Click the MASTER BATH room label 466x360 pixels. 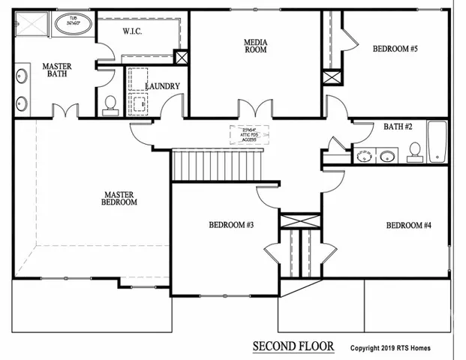click(56, 70)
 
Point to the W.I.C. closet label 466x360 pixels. click(132, 31)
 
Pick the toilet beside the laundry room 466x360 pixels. click(110, 104)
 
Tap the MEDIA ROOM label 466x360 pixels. click(255, 46)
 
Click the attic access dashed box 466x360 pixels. click(249, 135)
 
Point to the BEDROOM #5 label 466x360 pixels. click(395, 49)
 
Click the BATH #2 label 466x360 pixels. click(398, 127)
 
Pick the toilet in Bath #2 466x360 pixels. click(413, 151)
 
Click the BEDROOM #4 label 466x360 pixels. click(408, 225)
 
